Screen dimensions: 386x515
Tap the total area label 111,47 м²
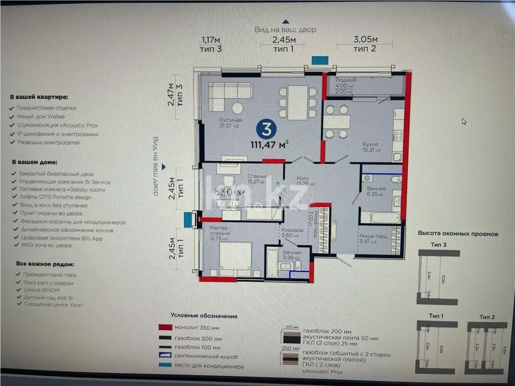pos(270,145)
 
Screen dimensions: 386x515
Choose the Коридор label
pos(293,230)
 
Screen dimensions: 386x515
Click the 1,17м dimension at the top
pos(211,40)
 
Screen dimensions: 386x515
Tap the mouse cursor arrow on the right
pos(464,121)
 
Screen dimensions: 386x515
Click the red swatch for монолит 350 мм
pos(165,327)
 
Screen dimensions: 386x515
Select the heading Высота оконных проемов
pos(458,234)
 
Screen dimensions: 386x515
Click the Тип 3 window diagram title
pos(438,244)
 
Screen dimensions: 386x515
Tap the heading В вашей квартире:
pos(39,97)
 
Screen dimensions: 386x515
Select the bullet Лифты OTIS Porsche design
pos(55,197)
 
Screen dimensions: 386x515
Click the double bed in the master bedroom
pos(236,259)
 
